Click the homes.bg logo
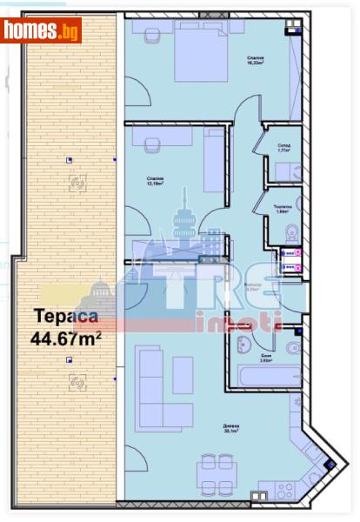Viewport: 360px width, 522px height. tap(42, 30)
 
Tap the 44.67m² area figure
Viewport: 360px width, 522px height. tap(66, 338)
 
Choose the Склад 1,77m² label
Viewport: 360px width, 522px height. tap(283, 149)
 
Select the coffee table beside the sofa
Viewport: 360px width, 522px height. tap(183, 374)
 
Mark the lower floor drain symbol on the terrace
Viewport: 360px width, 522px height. tap(77, 380)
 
